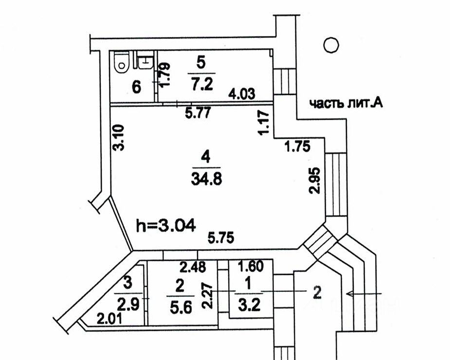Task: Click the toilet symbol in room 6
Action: (x=121, y=62)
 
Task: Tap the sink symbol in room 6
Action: (x=145, y=61)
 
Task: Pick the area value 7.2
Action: (x=201, y=84)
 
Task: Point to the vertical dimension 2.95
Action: (x=315, y=180)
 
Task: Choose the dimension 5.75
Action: (x=221, y=237)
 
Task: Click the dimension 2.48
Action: (x=193, y=266)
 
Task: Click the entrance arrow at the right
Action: (x=365, y=294)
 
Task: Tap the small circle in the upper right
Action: (x=330, y=45)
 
